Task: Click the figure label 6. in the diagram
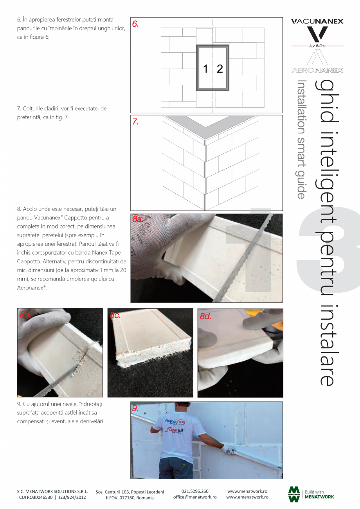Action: [x=135, y=24]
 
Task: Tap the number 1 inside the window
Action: [x=205, y=69]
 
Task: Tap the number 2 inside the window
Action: [x=220, y=69]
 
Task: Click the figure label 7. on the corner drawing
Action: [x=135, y=122]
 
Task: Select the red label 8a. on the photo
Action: [x=138, y=219]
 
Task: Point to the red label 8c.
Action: [x=115, y=315]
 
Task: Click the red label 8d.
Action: [x=205, y=316]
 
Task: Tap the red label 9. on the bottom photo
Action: [x=135, y=408]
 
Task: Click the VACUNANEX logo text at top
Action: [x=317, y=22]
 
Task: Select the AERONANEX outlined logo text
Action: [x=317, y=70]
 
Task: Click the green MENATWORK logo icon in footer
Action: [x=294, y=494]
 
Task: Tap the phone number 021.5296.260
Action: [x=195, y=491]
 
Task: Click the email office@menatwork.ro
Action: [x=195, y=497]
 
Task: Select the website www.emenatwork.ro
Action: [x=247, y=497]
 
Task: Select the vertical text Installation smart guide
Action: [x=301, y=139]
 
